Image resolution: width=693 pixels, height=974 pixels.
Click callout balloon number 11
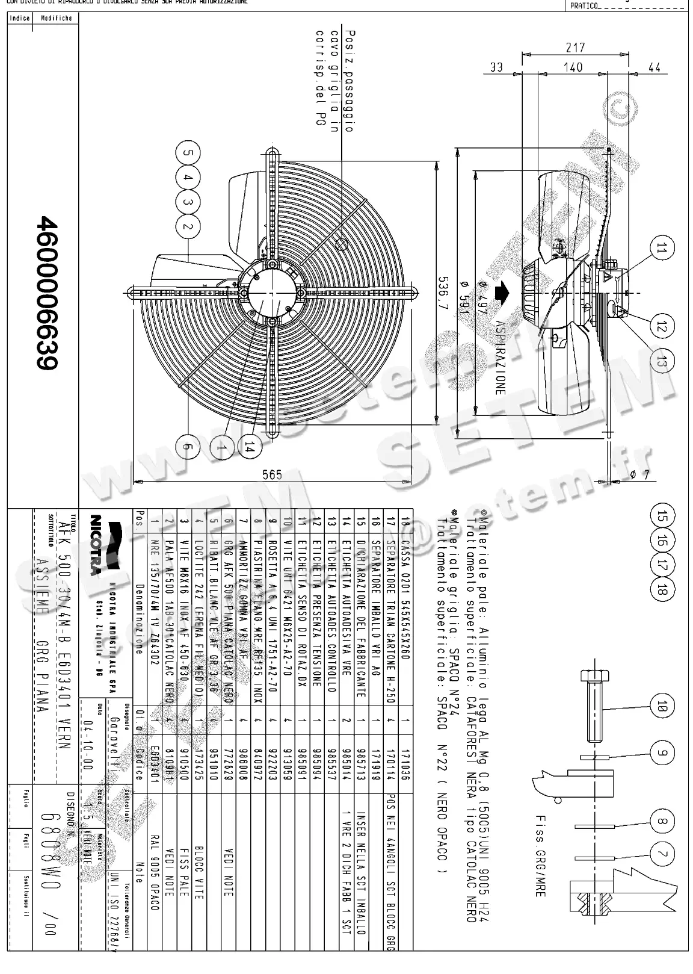[x=662, y=249]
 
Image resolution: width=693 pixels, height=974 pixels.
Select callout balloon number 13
[x=662, y=362]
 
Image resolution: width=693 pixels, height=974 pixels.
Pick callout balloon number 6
[x=188, y=447]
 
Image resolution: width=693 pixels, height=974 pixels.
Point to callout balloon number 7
[x=662, y=854]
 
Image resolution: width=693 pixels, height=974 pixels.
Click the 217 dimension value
[x=575, y=47]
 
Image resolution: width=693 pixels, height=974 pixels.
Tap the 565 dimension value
[x=272, y=475]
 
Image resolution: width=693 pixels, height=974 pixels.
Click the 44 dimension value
[x=654, y=67]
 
